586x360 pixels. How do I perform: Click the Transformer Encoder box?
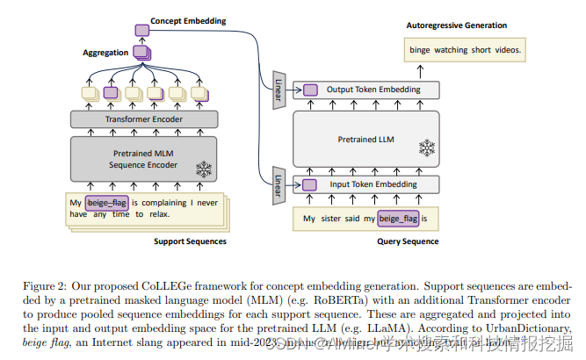144,119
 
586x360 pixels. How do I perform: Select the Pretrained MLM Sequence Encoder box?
144,158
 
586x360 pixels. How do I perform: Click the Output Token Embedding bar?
373,90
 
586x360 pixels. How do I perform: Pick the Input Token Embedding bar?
373,184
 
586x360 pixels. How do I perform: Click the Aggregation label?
105,53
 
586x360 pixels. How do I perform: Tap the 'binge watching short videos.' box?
465,50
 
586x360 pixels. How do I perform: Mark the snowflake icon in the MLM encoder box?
204,168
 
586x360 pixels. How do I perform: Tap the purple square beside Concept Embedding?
141,31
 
